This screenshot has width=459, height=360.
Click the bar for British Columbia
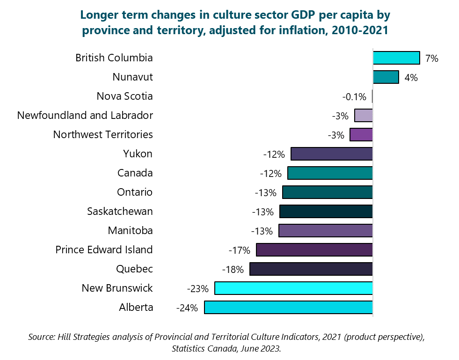(396, 58)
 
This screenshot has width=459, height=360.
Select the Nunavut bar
(386, 77)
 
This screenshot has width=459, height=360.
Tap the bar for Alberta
(288, 308)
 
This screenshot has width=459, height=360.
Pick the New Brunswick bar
(293, 288)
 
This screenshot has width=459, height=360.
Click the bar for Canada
(330, 173)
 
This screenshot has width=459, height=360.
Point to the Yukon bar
(331, 154)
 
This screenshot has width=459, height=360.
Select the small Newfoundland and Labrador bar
(364, 116)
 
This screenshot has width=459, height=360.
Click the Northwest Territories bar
(361, 135)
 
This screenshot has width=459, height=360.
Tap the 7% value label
(432, 59)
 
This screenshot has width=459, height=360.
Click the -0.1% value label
(354, 97)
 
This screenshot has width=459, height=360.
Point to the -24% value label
(187, 308)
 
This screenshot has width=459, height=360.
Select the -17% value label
(240, 250)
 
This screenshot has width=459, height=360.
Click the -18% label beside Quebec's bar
(233, 270)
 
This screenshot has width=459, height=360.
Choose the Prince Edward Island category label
(104, 250)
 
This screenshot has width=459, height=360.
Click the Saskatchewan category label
(120, 211)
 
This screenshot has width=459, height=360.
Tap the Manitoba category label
(130, 230)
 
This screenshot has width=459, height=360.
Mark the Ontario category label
(135, 192)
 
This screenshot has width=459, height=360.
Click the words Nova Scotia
(124, 96)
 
